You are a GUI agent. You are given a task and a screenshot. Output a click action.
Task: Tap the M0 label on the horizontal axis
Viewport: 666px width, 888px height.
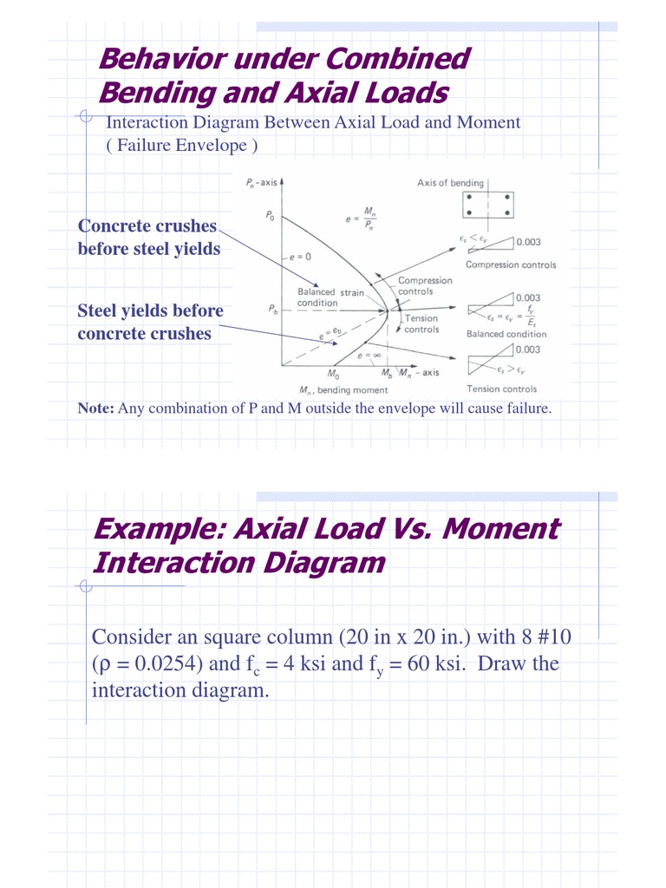(333, 375)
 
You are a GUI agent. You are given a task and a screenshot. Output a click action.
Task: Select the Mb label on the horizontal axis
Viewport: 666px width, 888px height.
(387, 374)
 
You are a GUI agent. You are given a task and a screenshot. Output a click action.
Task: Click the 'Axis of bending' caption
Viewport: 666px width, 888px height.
(450, 183)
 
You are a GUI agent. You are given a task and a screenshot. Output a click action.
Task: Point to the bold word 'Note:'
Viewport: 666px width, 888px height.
(95, 408)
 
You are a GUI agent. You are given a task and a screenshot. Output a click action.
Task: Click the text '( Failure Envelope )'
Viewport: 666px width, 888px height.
(181, 146)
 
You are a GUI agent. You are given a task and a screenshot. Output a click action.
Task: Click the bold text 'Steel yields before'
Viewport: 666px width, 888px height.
(150, 310)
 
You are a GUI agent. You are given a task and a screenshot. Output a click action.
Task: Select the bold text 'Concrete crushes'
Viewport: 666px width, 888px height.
(147, 226)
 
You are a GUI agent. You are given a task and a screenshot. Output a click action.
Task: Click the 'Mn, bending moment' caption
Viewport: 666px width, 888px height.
(343, 390)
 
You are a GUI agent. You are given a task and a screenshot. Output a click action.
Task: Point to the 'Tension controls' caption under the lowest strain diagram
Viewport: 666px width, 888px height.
(501, 389)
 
